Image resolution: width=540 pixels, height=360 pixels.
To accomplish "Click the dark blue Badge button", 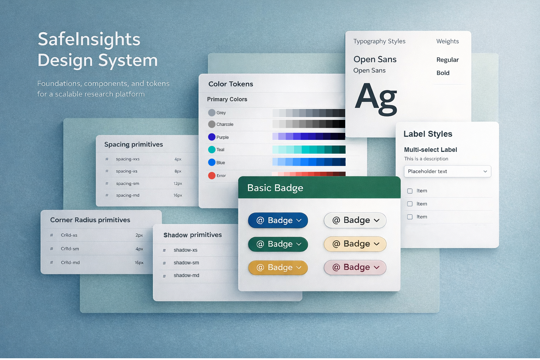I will pos(278,220).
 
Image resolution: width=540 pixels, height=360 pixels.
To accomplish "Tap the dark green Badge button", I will pos(278,244).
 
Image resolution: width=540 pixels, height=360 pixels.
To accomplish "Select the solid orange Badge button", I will pos(278,268).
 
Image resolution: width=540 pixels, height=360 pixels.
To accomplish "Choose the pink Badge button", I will pos(355,268).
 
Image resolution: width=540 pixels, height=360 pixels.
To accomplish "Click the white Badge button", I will pos(355,220).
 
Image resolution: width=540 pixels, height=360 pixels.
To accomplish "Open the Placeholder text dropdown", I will pos(447,172).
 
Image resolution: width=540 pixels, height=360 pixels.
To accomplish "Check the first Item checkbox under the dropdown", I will pos(410,191).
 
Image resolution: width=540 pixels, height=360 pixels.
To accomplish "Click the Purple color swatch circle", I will pos(212,137).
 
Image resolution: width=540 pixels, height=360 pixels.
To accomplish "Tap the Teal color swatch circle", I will pos(212,150).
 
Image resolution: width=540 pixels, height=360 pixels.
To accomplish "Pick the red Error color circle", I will pos(212,175).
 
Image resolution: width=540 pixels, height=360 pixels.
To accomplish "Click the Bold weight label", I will pos(443,73).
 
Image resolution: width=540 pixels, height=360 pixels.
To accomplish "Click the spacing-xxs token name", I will pos(128,159).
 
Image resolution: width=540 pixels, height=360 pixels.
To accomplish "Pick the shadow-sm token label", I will pos(186,263).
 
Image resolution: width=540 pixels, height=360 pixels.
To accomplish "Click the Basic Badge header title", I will pos(275,188).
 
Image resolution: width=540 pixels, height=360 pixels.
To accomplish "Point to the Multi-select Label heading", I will pos(430,150).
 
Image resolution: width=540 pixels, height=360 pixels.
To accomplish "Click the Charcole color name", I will pos(225,124).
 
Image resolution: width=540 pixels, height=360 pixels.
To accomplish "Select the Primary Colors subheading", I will pos(227,99).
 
